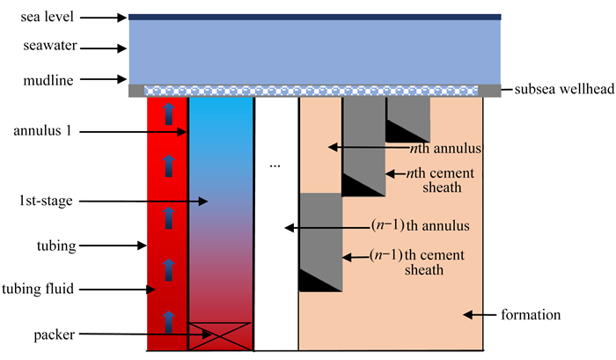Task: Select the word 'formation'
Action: tap(532, 314)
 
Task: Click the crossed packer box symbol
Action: tap(221, 335)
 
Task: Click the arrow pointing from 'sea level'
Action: tap(107, 16)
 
